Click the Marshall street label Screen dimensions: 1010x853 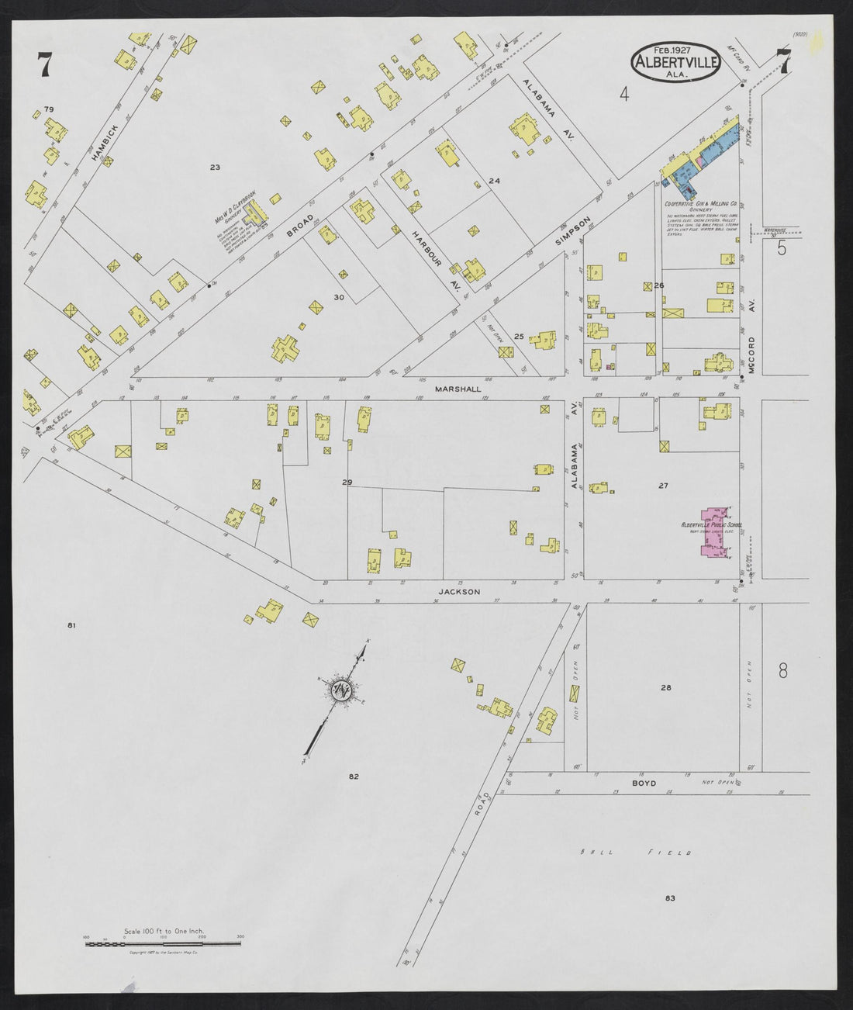458,389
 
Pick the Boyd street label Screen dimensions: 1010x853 644,783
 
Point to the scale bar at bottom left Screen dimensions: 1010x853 163,943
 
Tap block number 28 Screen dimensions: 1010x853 665,688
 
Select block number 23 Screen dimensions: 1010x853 215,168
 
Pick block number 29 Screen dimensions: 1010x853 347,483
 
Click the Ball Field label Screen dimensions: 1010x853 635,853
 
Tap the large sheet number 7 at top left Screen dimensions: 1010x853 43,64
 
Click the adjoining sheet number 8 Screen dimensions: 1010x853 782,669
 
